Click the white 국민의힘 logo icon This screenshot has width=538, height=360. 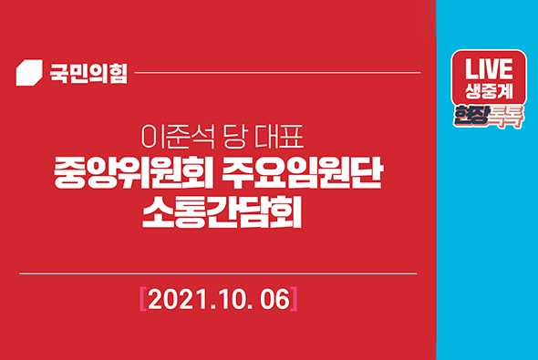pos(30,72)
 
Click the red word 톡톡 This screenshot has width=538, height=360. pos(507,117)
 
